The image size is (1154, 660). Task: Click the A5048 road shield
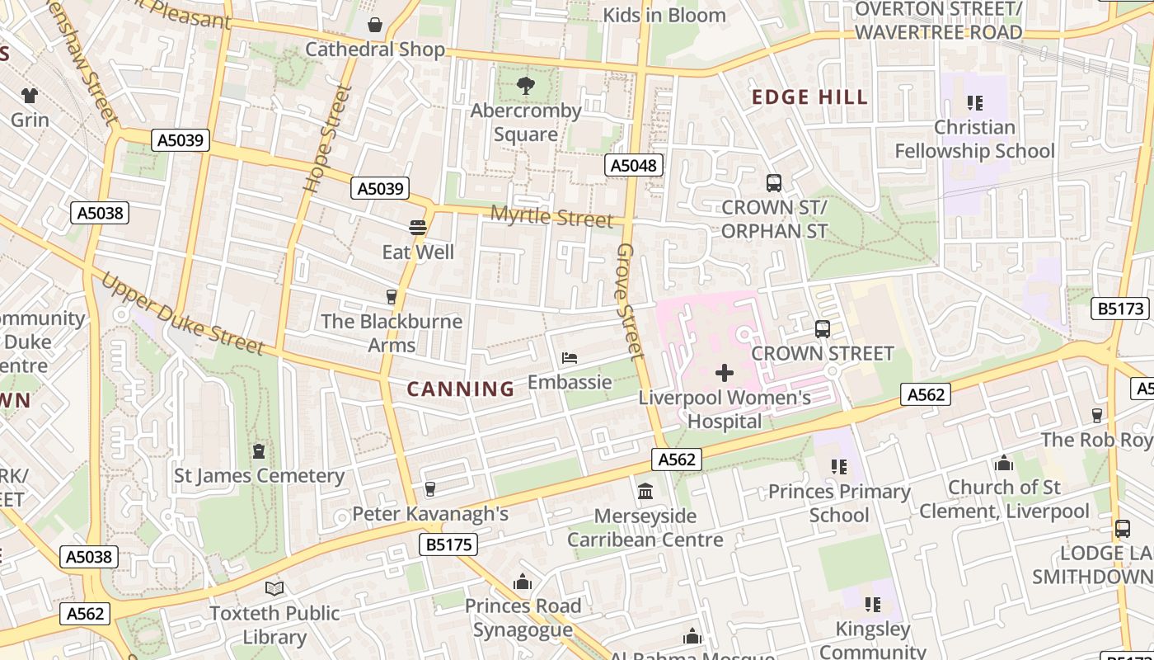pos(633,166)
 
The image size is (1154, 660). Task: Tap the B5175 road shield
pos(448,544)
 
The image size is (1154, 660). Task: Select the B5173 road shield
pos(1120,309)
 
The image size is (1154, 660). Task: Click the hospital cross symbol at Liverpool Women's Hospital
pos(725,373)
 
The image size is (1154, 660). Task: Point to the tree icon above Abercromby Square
pos(525,85)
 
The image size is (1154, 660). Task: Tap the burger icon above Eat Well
pos(418,228)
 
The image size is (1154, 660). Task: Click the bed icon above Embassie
pos(570,358)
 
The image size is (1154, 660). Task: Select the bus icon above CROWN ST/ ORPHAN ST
pos(773,183)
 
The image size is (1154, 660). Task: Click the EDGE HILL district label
pos(809,97)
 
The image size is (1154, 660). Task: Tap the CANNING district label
pos(461,389)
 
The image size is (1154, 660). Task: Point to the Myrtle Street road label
pos(551,216)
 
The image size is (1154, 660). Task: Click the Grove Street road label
pos(629,301)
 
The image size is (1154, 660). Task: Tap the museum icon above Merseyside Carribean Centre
pos(645,492)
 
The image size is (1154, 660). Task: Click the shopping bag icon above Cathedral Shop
pos(375,25)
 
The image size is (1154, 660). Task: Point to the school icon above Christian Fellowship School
pos(974,103)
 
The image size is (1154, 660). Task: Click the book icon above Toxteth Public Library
pos(274,588)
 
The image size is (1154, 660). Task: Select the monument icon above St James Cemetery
pos(259,451)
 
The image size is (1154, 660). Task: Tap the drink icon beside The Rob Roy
pos(1097,415)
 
